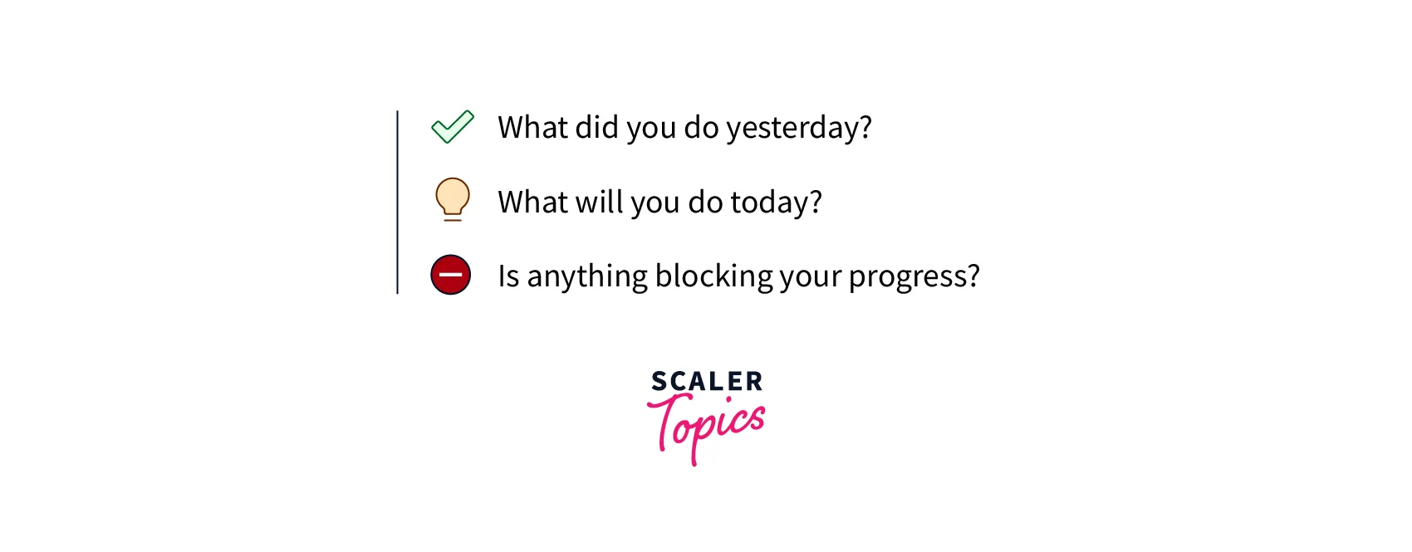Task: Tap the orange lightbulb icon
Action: (453, 200)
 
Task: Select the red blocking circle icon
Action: (451, 275)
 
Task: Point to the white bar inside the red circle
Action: (451, 275)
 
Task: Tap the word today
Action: (770, 203)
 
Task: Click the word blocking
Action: (713, 276)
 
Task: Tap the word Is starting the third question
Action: (508, 276)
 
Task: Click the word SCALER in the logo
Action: (707, 381)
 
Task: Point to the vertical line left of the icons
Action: (397, 203)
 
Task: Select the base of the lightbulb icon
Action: (453, 217)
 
